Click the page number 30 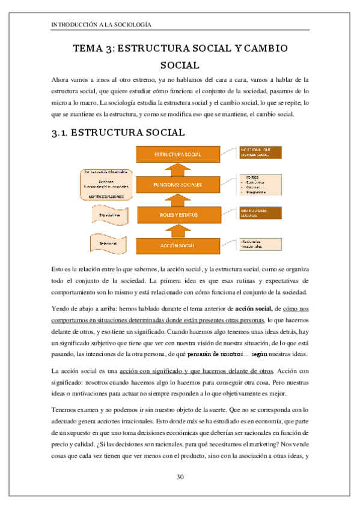coord(180,477)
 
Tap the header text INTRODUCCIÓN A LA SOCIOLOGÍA coord(102,25)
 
